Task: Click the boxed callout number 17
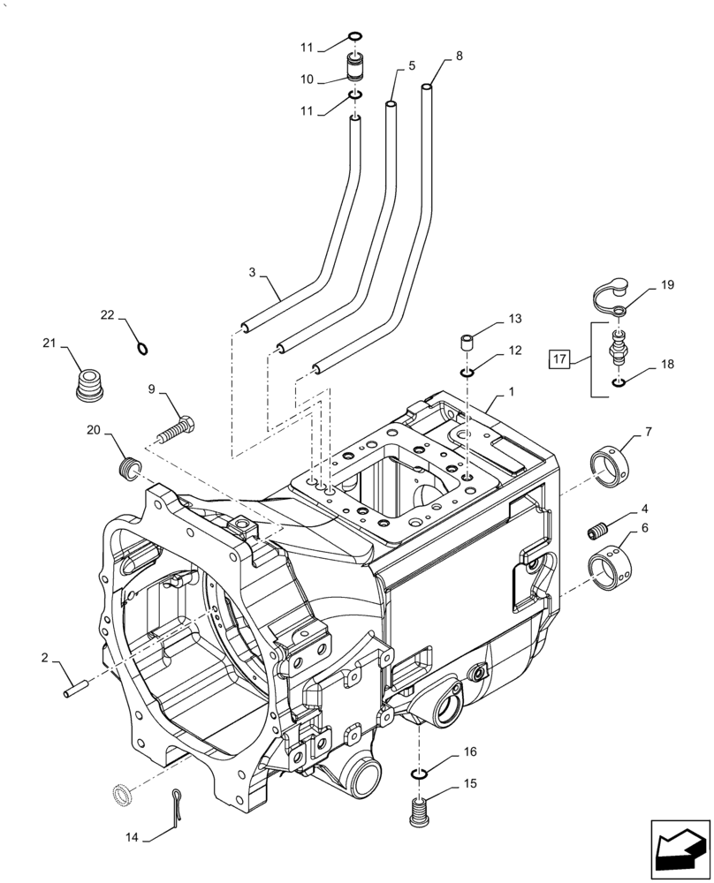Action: pos(558,359)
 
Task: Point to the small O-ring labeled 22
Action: pos(143,347)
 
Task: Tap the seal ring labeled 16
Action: pos(421,774)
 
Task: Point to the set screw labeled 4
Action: pos(597,532)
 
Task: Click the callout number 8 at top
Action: pos(459,56)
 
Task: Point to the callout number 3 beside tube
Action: pos(253,273)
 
